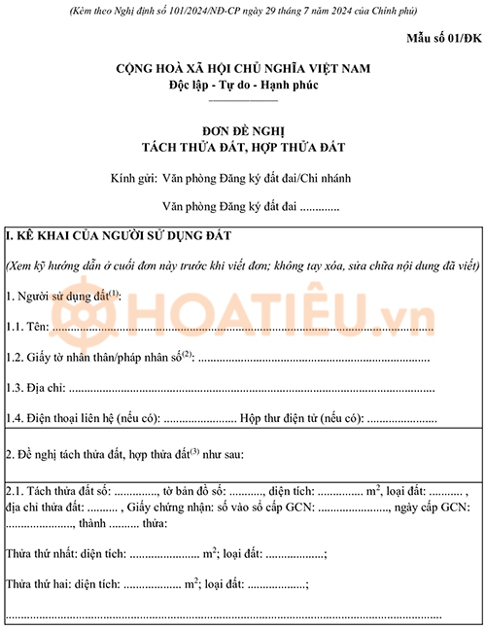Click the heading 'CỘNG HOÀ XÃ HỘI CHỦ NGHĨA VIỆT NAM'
pos(243,69)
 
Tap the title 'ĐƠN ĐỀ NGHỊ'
pos(243,130)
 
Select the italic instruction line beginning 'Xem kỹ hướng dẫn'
pos(243,264)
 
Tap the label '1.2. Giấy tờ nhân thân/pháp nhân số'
pos(97,358)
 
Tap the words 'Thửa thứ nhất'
pos(40,554)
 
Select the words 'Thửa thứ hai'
pos(37,584)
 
